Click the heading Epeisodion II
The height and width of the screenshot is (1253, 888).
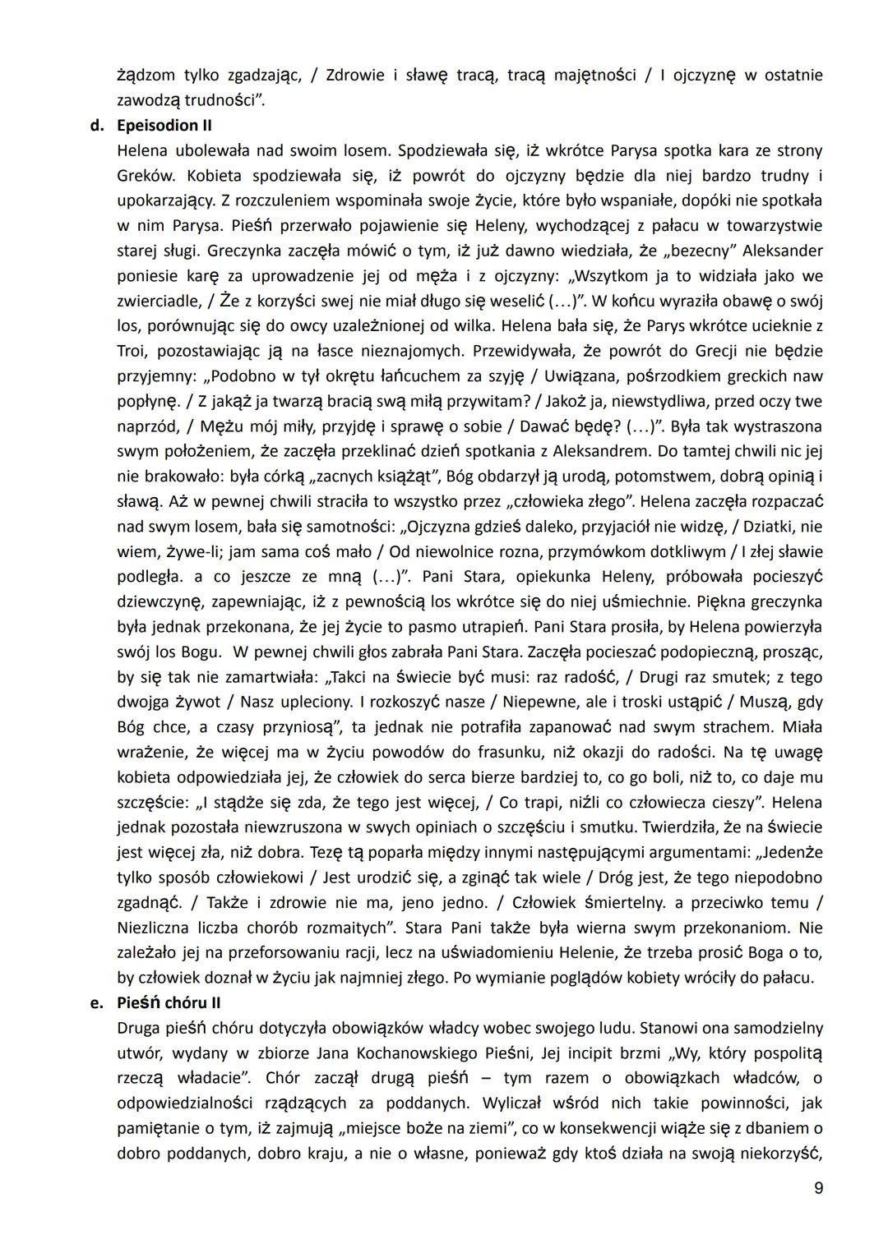tap(159, 126)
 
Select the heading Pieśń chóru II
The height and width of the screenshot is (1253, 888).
tap(169, 1002)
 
